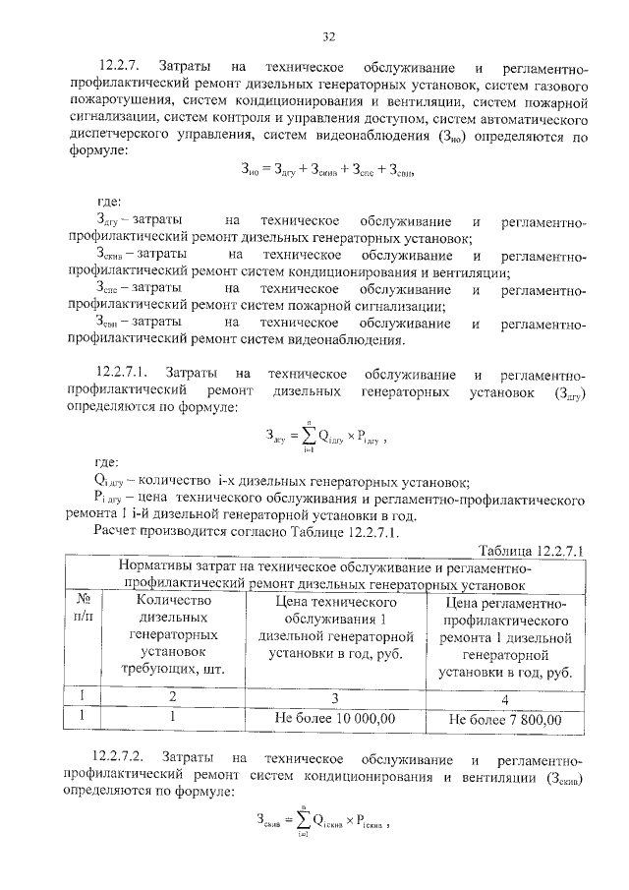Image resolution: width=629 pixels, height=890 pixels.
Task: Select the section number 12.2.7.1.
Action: [x=125, y=375]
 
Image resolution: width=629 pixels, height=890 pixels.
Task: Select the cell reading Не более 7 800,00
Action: [x=505, y=719]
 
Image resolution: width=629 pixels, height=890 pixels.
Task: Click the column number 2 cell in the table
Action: [x=173, y=696]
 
